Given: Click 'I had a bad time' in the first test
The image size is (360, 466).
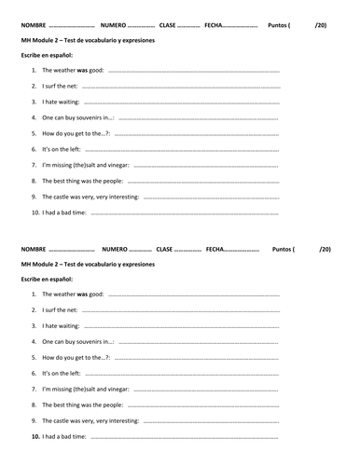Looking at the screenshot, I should pyautogui.click(x=64, y=212).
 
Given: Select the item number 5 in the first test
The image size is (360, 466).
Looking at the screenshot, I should pyautogui.click(x=34, y=133).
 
